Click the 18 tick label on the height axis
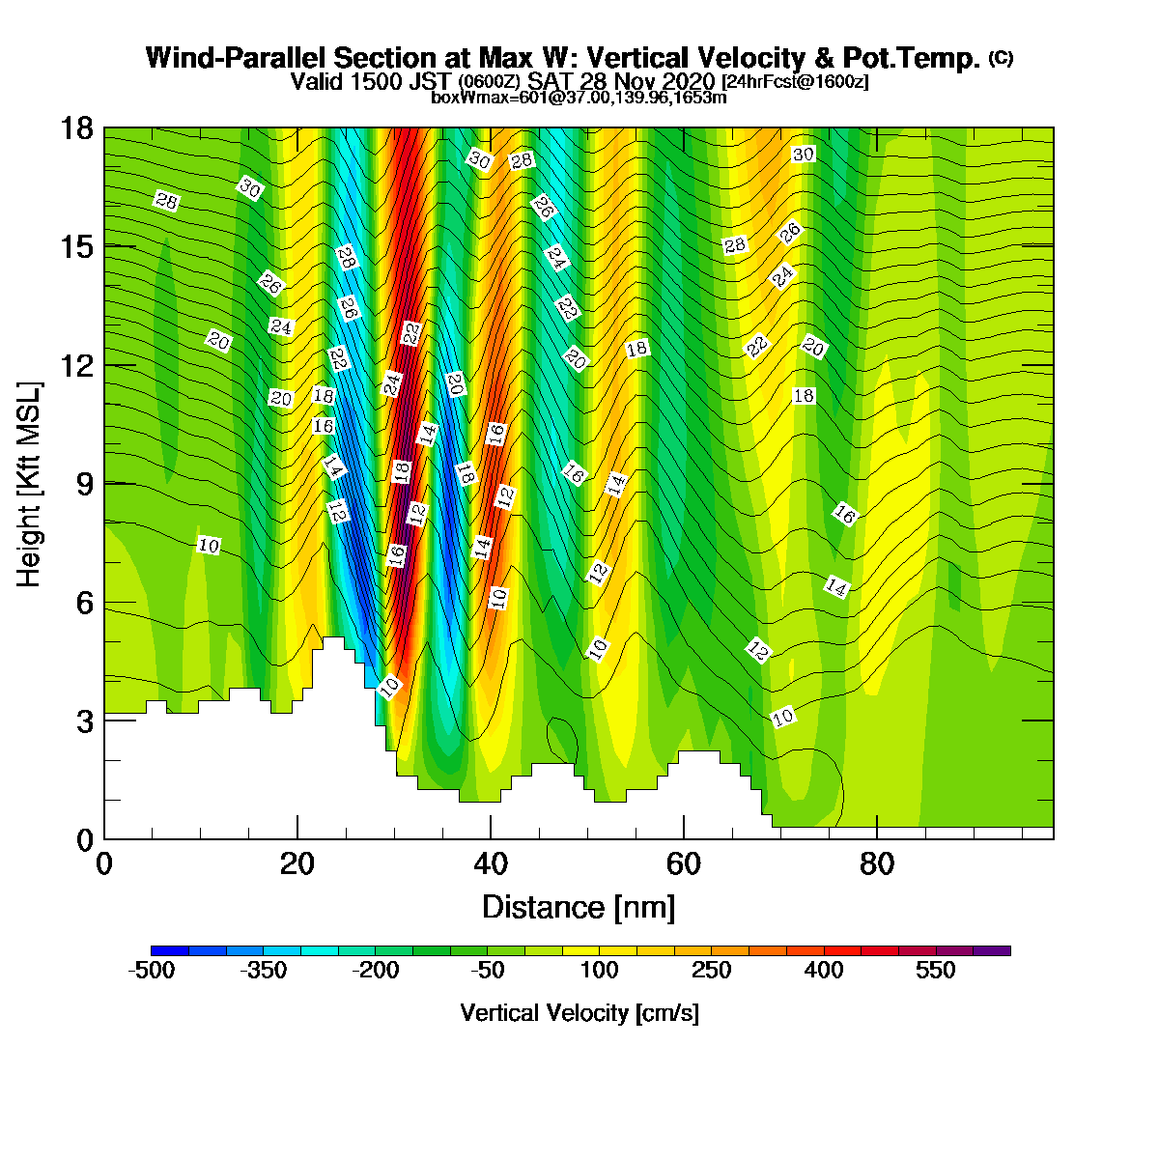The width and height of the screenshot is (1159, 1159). pyautogui.click(x=77, y=128)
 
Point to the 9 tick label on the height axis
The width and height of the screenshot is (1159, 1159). pyautogui.click(x=86, y=484)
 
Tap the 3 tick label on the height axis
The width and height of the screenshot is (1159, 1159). pyautogui.click(x=86, y=721)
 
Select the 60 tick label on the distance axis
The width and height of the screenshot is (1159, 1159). pyautogui.click(x=684, y=864)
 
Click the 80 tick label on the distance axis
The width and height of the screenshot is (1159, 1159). pyautogui.click(x=877, y=864)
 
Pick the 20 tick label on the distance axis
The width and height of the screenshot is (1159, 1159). pyautogui.click(x=297, y=864)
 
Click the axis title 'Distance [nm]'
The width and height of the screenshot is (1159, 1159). pyautogui.click(x=579, y=908)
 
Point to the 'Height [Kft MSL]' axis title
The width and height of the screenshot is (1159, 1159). pyautogui.click(x=28, y=484)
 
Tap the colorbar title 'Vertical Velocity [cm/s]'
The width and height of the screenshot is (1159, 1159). pyautogui.click(x=579, y=1014)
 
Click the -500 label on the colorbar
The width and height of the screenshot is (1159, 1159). pyautogui.click(x=151, y=971)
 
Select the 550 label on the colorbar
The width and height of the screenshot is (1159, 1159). pyautogui.click(x=935, y=971)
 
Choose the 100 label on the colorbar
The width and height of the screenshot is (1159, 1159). pyautogui.click(x=599, y=971)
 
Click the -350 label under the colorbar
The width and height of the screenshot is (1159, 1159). pyautogui.click(x=264, y=971)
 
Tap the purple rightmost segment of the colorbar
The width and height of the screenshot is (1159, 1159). pyautogui.click(x=992, y=951)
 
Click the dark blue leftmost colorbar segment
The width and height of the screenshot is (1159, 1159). pyautogui.click(x=170, y=951)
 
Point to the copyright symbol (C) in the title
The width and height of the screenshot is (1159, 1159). pyautogui.click(x=1001, y=58)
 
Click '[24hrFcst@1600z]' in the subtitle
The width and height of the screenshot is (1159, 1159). pyautogui.click(x=795, y=81)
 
